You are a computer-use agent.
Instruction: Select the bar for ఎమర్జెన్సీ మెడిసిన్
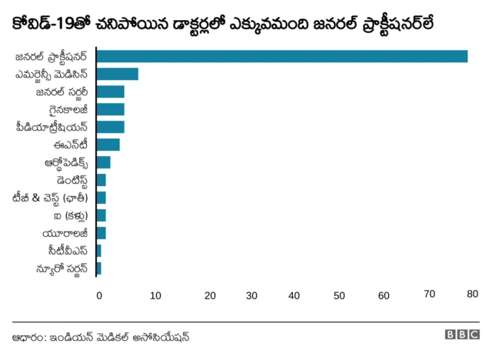click(117, 74)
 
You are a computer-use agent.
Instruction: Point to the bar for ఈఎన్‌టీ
click(108, 145)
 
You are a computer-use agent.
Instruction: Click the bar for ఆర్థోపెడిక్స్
click(103, 162)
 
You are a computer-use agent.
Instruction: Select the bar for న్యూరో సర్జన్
click(98, 268)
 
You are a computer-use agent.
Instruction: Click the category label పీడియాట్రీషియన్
click(52, 127)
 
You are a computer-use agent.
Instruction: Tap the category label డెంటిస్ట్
click(66, 180)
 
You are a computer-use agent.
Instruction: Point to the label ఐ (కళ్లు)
click(69, 215)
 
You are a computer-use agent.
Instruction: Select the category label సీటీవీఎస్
click(68, 251)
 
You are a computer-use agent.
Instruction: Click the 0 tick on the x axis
click(98, 295)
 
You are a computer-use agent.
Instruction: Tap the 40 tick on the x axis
click(296, 295)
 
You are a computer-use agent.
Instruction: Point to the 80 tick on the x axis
click(472, 294)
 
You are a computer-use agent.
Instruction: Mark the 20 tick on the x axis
click(210, 295)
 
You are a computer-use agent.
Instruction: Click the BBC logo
click(461, 336)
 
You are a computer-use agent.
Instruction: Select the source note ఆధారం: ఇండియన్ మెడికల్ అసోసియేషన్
click(100, 337)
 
